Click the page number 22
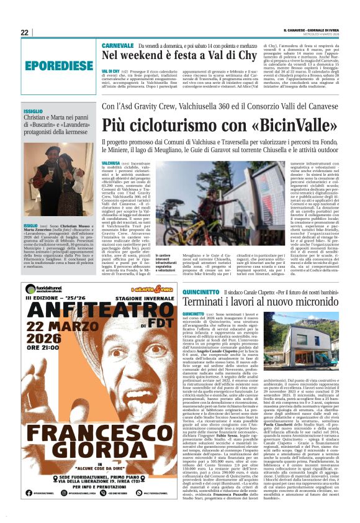(x=25, y=32)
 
